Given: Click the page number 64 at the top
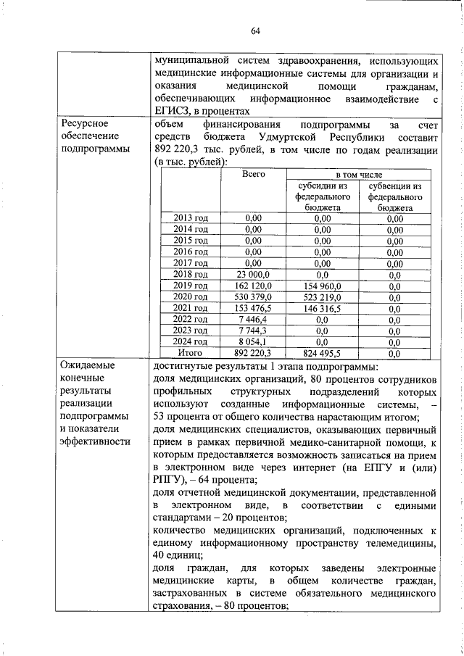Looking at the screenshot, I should coord(255,30).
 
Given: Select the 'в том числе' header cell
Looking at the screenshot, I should coord(358,175).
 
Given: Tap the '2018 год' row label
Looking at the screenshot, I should coord(191,275).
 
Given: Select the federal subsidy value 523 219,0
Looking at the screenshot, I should coord(323,297).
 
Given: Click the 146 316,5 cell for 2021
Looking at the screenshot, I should coord(323,308).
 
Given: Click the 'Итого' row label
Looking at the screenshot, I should coord(191,353).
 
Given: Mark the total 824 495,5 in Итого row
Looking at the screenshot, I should coord(323,353).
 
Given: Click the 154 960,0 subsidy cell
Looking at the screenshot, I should coord(323,286).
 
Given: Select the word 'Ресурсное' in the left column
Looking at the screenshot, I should coord(85,125).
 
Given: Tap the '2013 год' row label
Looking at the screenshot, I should coord(191,218).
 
